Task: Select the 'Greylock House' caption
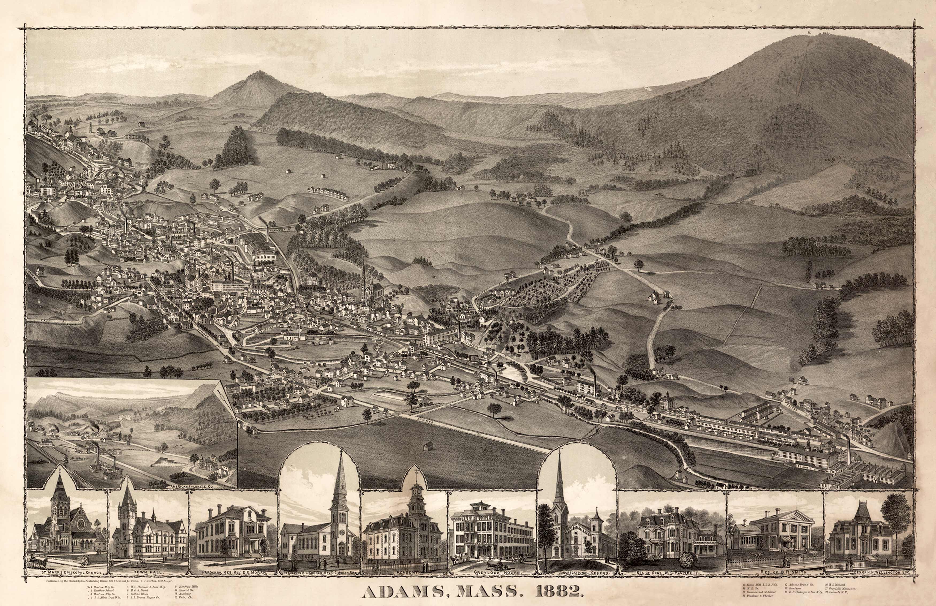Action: click(493, 572)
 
